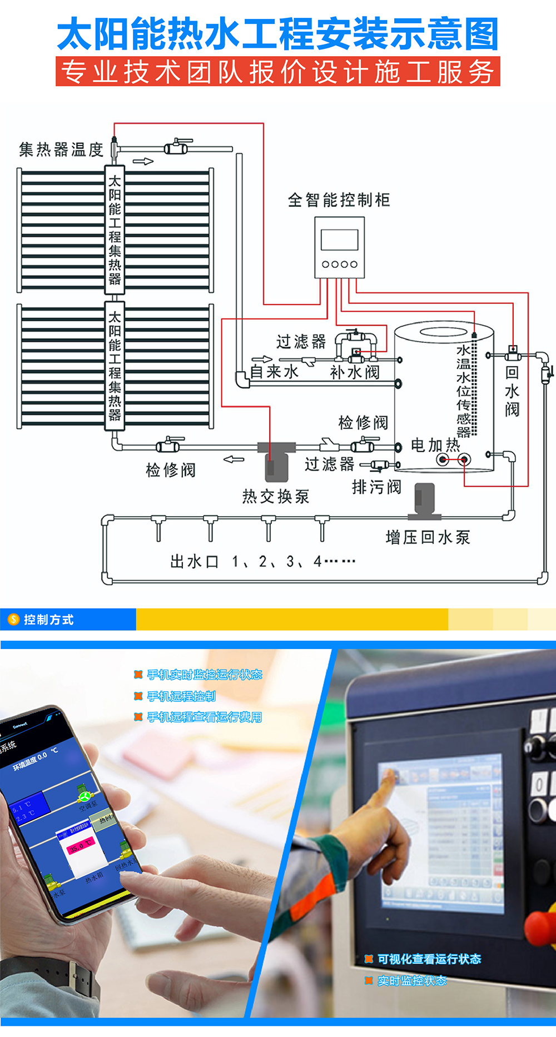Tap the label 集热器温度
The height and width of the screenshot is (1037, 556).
(61, 149)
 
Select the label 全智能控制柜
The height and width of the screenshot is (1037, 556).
(339, 200)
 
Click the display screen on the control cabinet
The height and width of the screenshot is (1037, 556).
(339, 240)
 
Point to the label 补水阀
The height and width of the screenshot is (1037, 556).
(355, 372)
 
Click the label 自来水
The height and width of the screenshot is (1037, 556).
(275, 372)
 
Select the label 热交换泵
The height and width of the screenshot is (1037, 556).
(276, 496)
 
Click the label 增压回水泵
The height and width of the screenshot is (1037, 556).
(428, 537)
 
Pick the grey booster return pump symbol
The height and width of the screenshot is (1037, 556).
(425, 499)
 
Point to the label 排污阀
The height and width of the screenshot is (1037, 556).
(376, 487)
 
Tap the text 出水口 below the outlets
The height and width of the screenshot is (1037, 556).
(195, 562)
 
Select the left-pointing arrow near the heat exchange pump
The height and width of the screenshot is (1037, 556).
(234, 460)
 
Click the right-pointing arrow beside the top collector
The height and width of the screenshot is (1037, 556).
(143, 162)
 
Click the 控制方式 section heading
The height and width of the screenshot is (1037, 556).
(48, 620)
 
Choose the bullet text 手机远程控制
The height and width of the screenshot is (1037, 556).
(181, 696)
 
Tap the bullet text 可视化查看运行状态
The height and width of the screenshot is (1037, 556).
(429, 959)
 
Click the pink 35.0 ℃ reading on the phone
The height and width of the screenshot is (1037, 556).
(81, 846)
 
